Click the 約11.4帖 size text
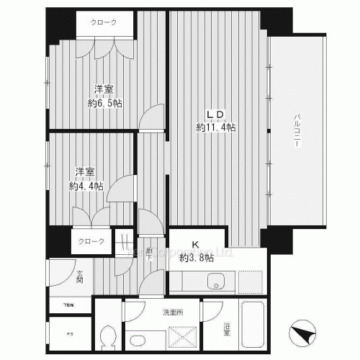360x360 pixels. [216, 127]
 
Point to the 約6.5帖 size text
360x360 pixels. [105, 103]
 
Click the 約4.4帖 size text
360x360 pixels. [86, 185]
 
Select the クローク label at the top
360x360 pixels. [104, 23]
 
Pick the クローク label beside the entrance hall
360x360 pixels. [91, 241]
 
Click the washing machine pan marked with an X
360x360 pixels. [180, 336]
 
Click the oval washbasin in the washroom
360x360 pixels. [137, 339]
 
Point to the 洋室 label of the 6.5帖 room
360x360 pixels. [104, 90]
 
